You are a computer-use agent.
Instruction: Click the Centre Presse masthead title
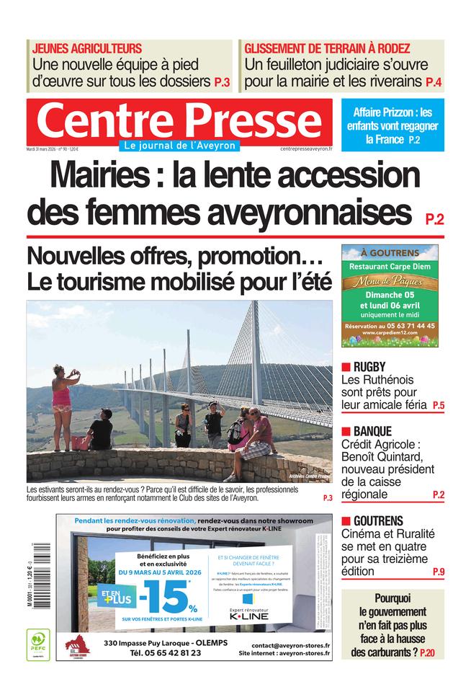click(179, 120)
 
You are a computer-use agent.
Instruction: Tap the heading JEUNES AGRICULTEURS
click(87, 48)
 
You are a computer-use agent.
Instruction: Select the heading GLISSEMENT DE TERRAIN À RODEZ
click(327, 48)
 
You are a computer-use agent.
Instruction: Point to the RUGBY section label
click(369, 366)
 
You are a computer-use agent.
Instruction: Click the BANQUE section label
click(372, 431)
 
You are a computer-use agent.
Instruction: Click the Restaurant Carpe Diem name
click(389, 266)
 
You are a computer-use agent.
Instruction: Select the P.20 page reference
click(427, 653)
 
